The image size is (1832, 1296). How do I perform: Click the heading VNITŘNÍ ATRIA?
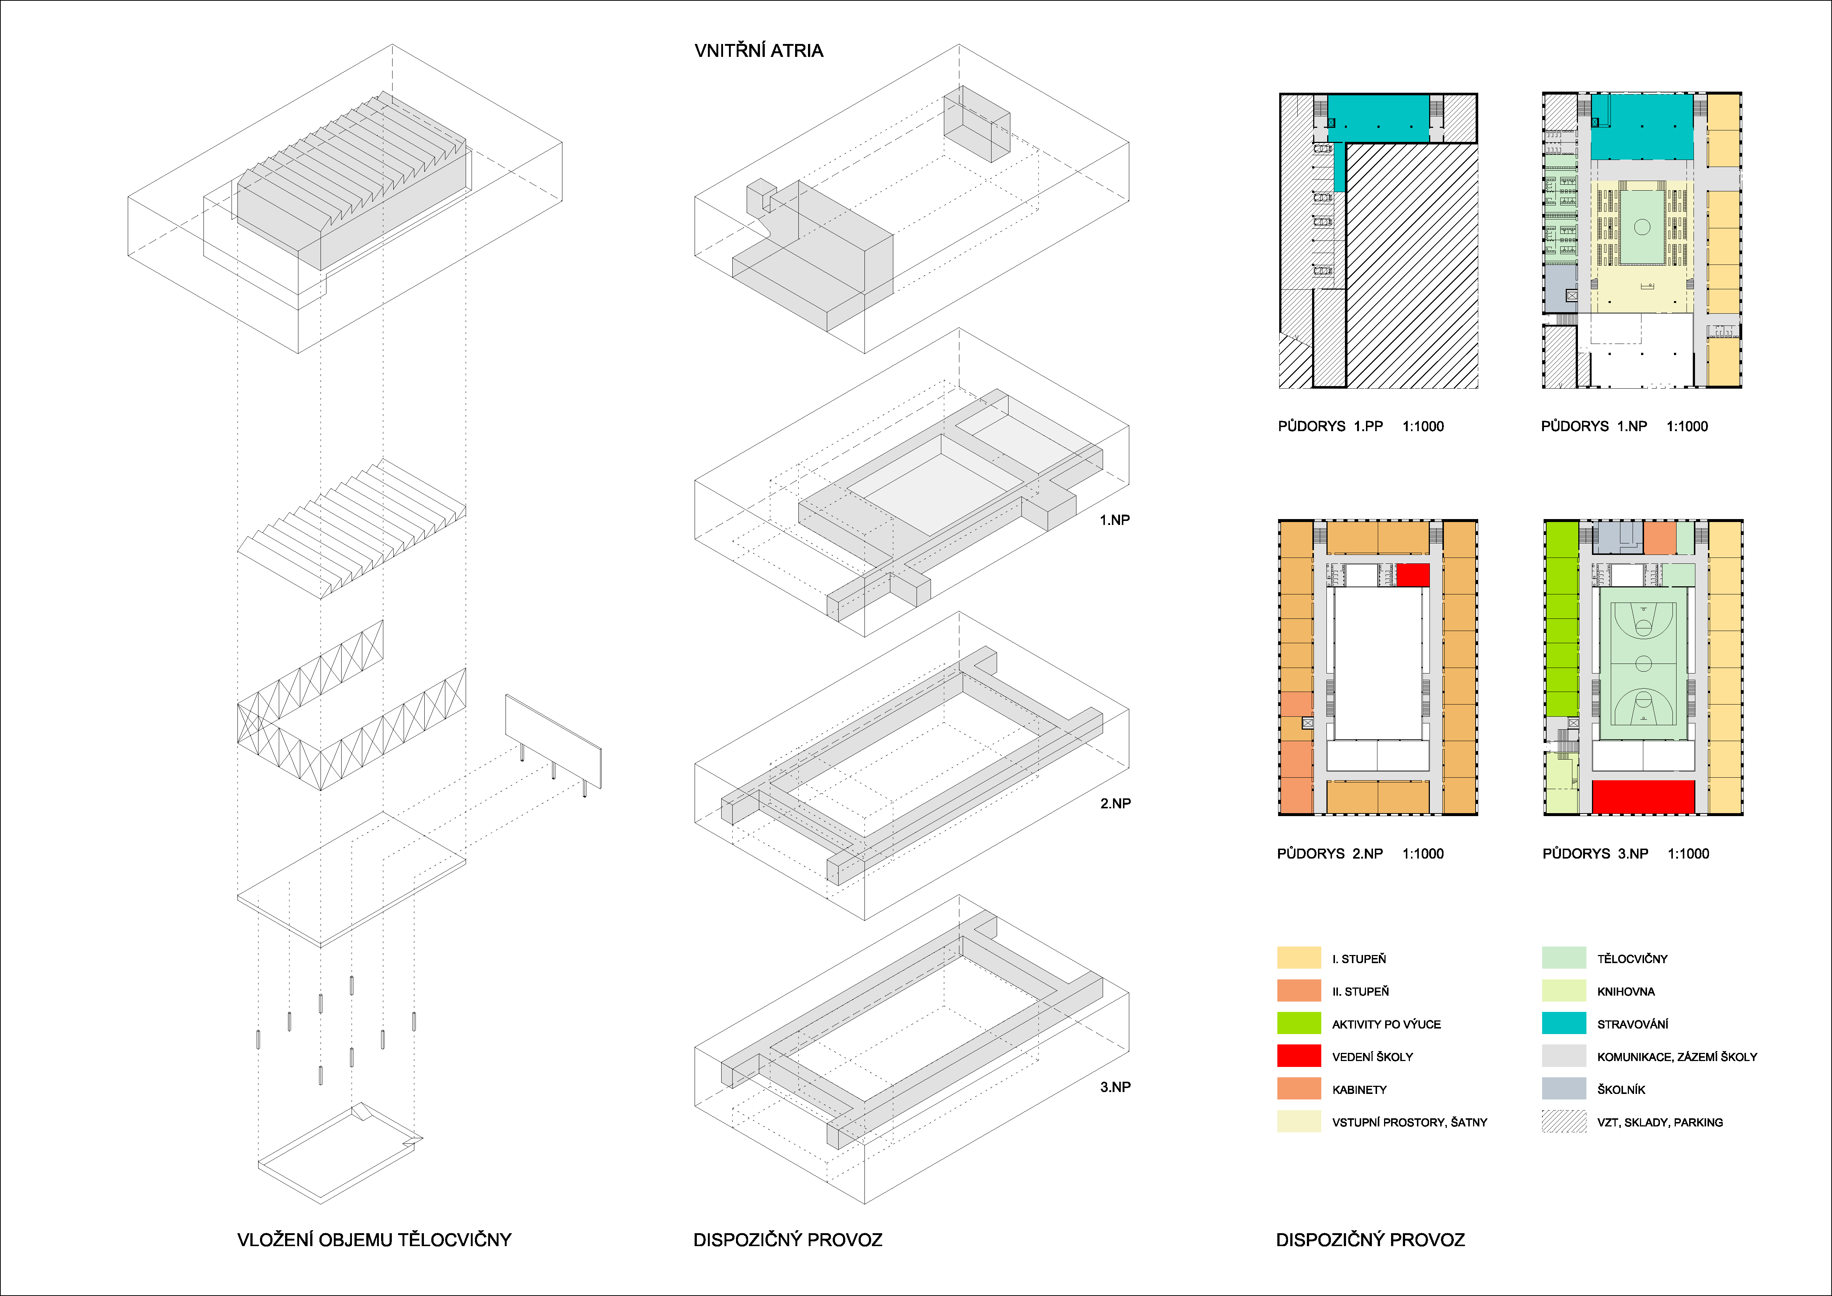(x=758, y=51)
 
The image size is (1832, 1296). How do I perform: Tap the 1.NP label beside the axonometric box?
(x=1115, y=520)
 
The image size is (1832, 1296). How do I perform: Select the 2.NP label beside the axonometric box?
(x=1115, y=804)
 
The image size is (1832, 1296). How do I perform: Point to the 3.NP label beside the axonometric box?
(x=1115, y=1087)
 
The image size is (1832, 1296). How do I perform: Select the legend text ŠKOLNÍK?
(x=1620, y=1089)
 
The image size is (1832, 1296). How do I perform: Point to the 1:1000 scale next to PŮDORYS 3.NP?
(x=1688, y=854)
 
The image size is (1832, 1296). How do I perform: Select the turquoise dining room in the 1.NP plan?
(x=1642, y=128)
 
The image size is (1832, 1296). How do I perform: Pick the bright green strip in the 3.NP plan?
(x=1562, y=618)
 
